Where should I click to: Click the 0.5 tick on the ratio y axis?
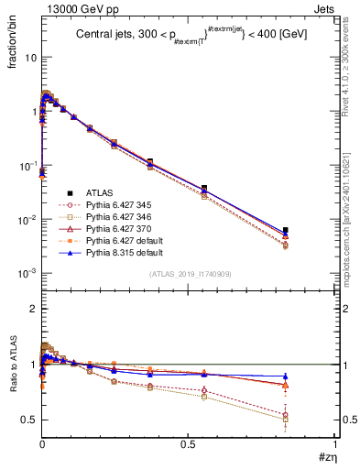(x=29, y=420)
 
